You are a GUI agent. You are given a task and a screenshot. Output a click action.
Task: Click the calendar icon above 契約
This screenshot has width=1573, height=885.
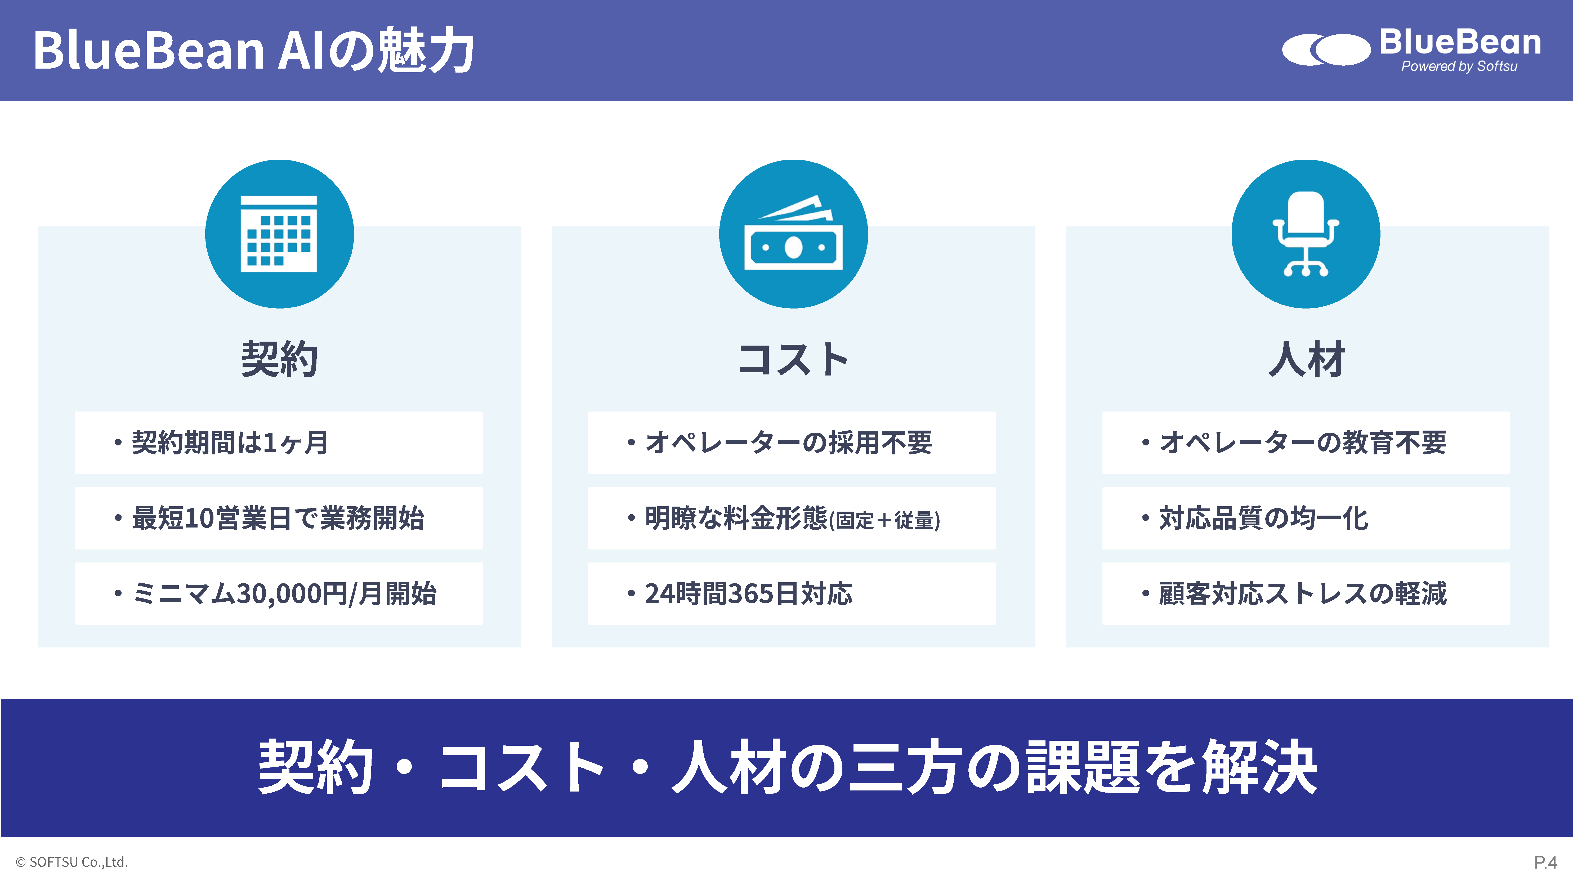coord(279,234)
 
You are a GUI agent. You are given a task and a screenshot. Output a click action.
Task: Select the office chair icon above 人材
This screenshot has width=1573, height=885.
coord(1306,234)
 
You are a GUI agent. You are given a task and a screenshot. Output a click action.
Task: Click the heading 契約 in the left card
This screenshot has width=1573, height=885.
coord(279,359)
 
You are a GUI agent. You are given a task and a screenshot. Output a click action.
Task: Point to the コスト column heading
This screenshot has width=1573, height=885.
coord(793,359)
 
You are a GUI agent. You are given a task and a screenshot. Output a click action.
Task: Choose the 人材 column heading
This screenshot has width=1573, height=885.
coord(1307,359)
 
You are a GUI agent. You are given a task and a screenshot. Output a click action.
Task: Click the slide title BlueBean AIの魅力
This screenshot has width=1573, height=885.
coord(253,50)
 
